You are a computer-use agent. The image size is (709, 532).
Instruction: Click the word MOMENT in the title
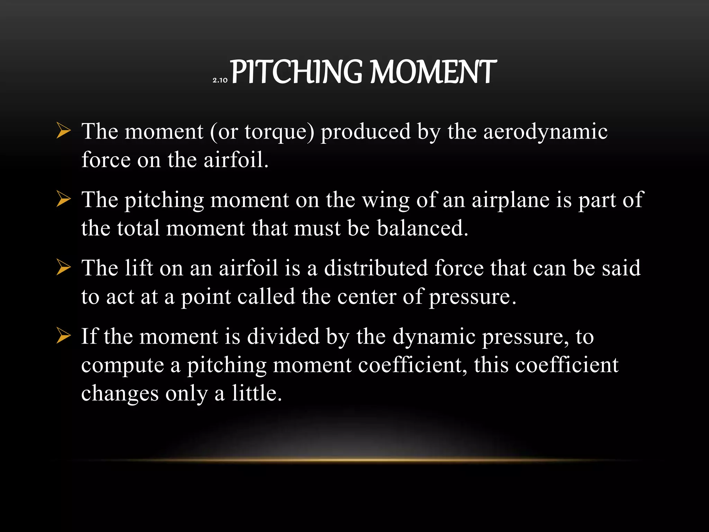[433, 72]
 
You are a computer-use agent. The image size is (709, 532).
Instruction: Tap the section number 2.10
[220, 80]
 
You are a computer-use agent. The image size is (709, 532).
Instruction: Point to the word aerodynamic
[545, 132]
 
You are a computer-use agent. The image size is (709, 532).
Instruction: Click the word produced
[366, 132]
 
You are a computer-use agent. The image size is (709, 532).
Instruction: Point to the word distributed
[376, 268]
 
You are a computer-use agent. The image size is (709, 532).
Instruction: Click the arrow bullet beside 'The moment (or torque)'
[63, 132]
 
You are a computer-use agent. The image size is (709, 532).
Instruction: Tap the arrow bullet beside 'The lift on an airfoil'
[63, 268]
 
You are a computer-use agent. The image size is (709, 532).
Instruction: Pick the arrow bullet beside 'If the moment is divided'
[63, 337]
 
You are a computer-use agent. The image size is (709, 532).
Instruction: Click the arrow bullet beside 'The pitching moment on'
[63, 200]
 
